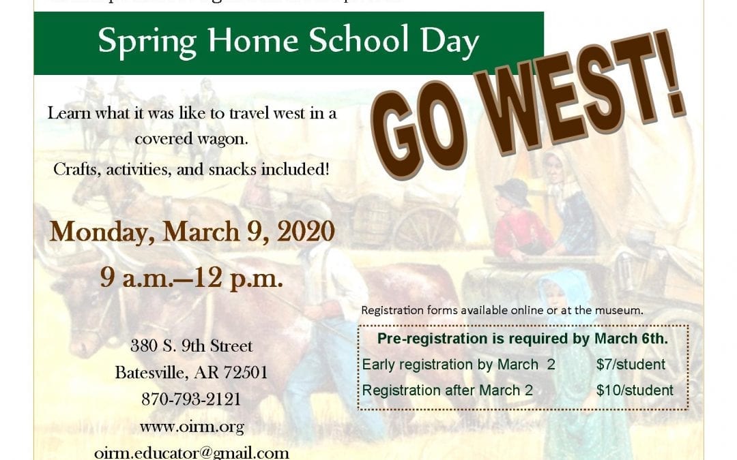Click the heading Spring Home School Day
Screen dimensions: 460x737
(288, 42)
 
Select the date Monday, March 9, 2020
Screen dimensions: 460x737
(192, 232)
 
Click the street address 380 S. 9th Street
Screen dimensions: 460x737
(192, 346)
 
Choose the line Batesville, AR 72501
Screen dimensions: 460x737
(192, 373)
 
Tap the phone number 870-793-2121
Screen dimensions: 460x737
(192, 399)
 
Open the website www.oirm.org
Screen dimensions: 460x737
(192, 427)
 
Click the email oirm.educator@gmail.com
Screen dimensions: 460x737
(192, 453)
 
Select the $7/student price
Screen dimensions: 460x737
(631, 365)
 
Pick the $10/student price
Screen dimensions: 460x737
(635, 390)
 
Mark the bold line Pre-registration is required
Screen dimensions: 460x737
(523, 339)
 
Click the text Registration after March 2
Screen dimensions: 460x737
(447, 390)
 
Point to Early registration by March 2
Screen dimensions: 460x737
(459, 365)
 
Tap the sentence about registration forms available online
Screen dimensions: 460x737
(502, 310)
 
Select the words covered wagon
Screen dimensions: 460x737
(190, 140)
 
